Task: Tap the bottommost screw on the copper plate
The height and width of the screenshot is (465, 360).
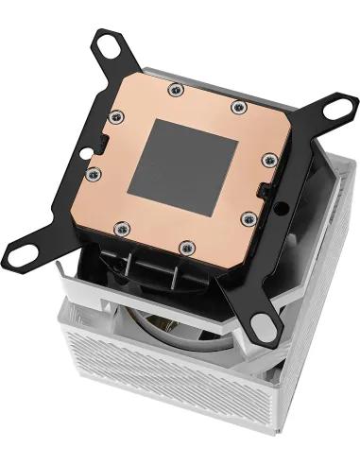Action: [184, 246]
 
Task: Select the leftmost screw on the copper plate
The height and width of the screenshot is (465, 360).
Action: [93, 174]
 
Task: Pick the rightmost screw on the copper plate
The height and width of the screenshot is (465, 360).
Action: [269, 164]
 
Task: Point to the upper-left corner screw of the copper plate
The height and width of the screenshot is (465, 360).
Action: [116, 117]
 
